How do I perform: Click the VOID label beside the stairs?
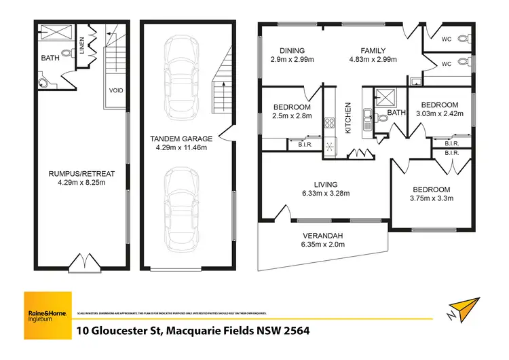116,90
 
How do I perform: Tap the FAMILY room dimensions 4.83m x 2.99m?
372,60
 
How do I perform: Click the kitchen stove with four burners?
330,123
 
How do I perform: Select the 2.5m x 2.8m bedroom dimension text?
292,117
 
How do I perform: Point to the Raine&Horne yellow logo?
48,314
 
